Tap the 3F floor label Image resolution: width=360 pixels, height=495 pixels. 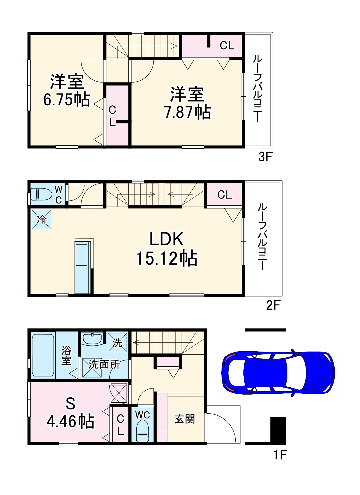[x=265, y=157]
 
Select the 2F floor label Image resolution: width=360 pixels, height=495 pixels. [x=273, y=305]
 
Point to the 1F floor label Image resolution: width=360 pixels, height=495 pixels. [x=280, y=454]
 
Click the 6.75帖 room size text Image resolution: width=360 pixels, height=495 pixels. [x=66, y=99]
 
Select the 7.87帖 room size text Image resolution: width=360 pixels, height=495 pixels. [x=187, y=112]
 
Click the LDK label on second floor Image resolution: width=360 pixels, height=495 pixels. [x=166, y=239]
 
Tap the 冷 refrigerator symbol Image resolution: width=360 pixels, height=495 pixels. [x=42, y=219]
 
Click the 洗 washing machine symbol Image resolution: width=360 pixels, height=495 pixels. [x=117, y=342]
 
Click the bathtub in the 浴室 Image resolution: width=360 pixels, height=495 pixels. [x=43, y=355]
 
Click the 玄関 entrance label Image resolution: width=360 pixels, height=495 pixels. [x=185, y=419]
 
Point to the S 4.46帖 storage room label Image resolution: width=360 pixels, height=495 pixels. [x=70, y=412]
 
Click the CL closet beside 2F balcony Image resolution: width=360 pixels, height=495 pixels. [x=224, y=195]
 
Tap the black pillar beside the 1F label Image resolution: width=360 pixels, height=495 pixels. [x=278, y=430]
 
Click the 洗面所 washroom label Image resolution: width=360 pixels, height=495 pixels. [x=104, y=364]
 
